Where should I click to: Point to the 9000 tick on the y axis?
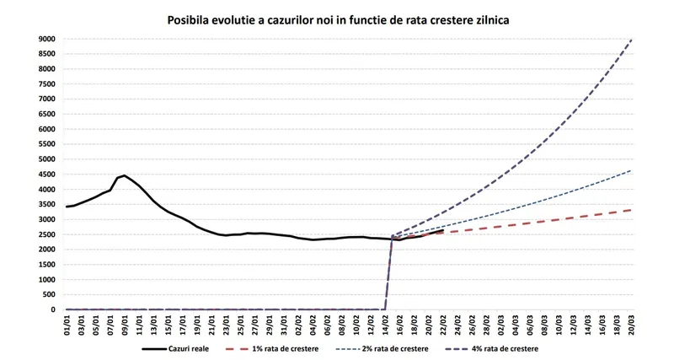(45, 39)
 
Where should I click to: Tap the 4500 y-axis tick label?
(45, 175)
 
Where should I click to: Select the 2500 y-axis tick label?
(45, 234)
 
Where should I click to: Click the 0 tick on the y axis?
(51, 309)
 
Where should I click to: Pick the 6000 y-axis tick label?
(45, 129)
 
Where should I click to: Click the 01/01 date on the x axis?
(67, 325)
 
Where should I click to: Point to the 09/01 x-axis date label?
(125, 325)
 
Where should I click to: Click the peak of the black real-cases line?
(125, 175)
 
